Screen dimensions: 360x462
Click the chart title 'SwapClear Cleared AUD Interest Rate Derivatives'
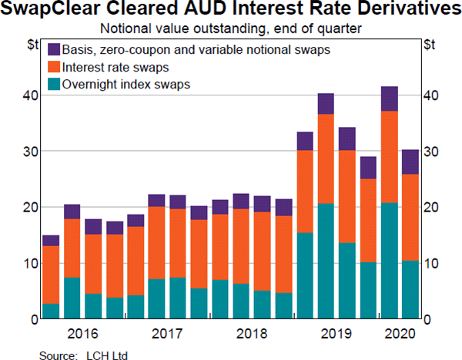coord(231,11)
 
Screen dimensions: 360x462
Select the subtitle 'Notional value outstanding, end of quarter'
coord(231,28)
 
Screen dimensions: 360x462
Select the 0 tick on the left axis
coord(33,318)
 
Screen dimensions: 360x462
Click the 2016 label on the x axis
coord(82,335)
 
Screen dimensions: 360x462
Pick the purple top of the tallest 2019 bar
coord(326,104)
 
